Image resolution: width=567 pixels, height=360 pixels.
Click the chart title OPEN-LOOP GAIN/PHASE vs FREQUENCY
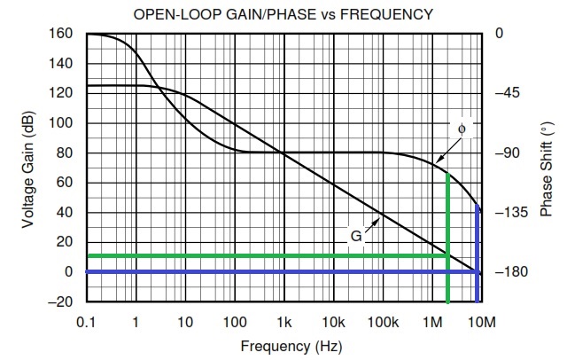click(x=283, y=14)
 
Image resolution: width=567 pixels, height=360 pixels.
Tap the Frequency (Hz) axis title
click(x=283, y=346)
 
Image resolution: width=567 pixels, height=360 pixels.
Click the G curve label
click(x=354, y=237)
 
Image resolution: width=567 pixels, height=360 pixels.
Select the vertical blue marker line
click(x=479, y=239)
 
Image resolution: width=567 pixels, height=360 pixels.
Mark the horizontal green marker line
click(x=266, y=257)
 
